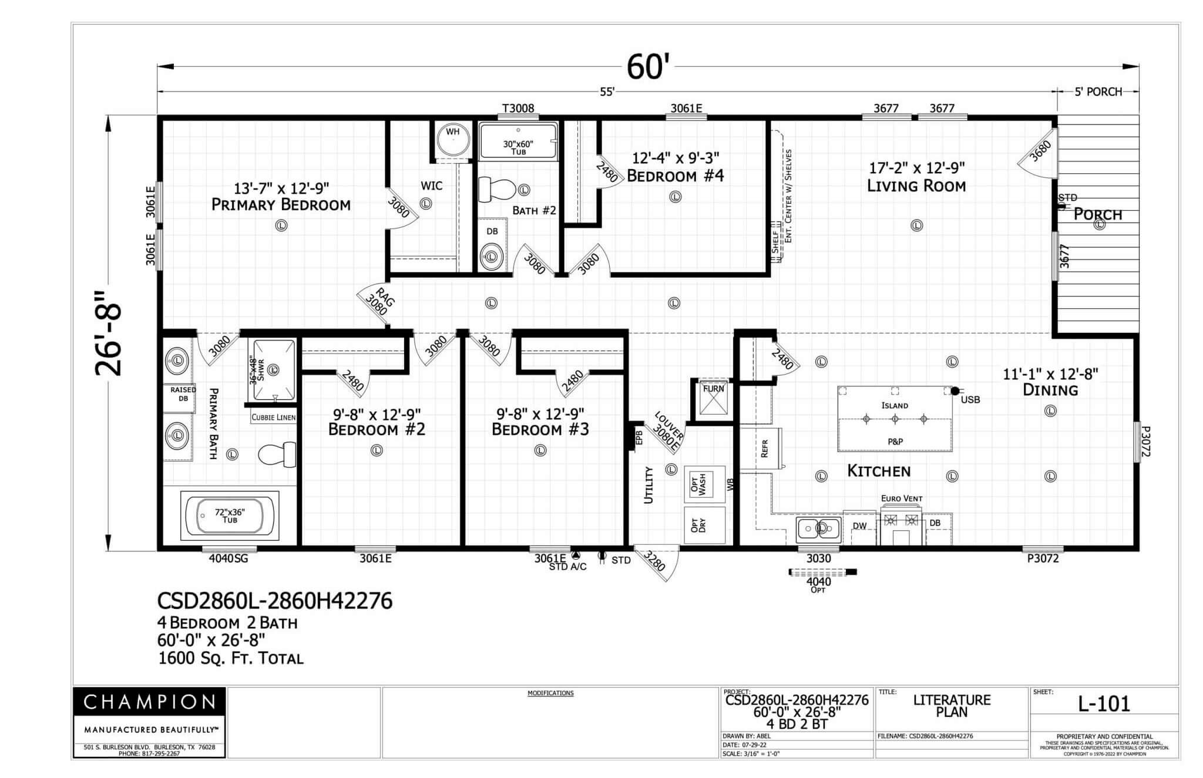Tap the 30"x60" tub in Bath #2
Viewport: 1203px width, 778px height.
(518, 142)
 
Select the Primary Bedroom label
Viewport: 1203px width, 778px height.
(281, 204)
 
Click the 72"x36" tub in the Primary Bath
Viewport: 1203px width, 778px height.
(230, 516)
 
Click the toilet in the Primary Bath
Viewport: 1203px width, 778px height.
(277, 454)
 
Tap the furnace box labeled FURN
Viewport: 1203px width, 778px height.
(713, 400)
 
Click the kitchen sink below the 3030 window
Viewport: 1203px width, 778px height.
(818, 529)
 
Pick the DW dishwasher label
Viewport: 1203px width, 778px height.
(859, 526)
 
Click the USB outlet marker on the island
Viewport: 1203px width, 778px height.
(955, 391)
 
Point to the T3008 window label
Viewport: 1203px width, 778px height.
(518, 109)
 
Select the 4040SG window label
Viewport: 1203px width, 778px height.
(228, 558)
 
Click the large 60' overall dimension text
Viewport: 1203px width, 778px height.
(644, 67)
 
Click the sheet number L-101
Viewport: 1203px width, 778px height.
(1104, 704)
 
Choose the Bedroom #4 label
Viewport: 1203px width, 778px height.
(675, 176)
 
